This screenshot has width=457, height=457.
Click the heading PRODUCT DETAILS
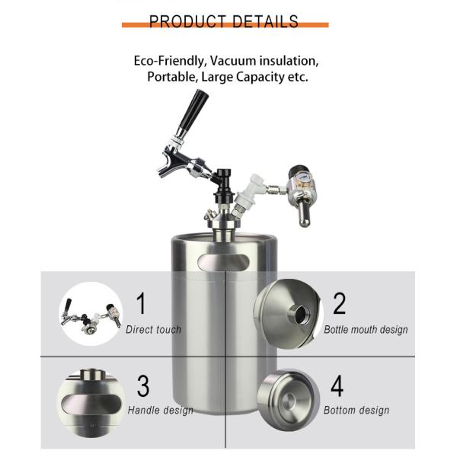coord(224,21)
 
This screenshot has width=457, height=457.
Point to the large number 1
coord(141,302)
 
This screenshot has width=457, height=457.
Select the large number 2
coord(339,302)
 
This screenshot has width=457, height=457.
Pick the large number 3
coord(143,385)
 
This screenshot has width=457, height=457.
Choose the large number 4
coord(337,385)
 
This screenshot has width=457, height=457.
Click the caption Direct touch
coord(154,330)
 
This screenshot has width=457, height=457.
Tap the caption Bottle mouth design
coord(366,330)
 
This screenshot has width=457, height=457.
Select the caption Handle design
coord(161,411)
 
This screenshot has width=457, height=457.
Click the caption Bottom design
coord(356,411)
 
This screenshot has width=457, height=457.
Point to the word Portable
coord(172,78)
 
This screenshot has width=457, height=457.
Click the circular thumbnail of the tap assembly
coord(91,312)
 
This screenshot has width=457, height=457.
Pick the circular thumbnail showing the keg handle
coord(91,395)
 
